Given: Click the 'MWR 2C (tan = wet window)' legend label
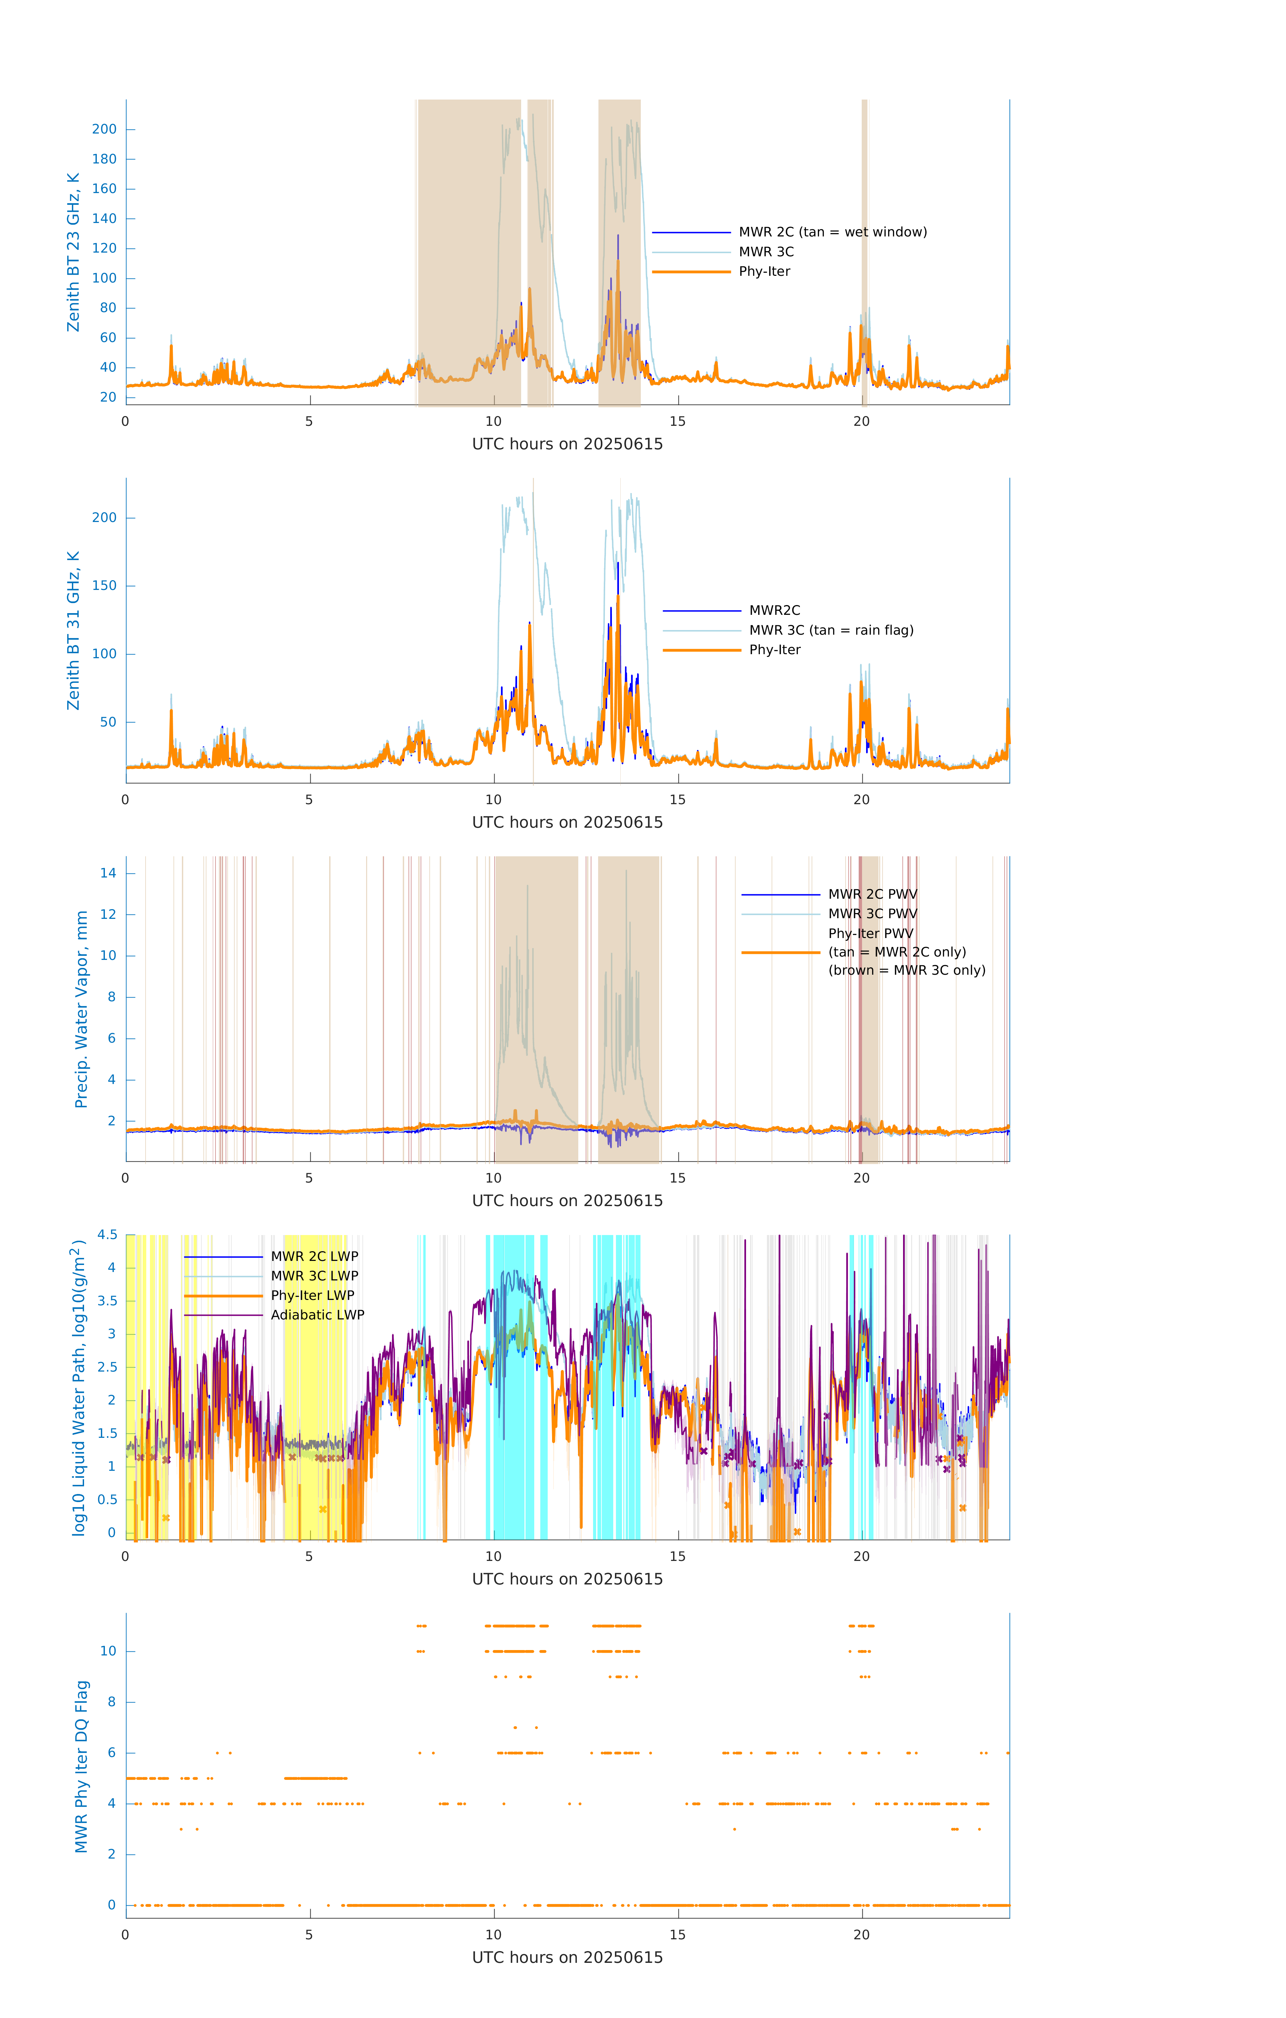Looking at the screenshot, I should click(x=832, y=232).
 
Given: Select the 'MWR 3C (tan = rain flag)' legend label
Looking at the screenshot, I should click(x=831, y=630).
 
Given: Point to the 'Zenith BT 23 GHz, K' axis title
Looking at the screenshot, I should click(x=74, y=252).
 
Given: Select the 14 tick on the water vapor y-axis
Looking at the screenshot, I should click(x=108, y=873).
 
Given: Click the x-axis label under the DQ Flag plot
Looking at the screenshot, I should click(x=567, y=1958).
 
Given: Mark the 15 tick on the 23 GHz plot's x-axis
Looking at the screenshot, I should click(x=677, y=421).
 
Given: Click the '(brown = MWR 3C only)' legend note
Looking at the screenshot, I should click(x=906, y=970).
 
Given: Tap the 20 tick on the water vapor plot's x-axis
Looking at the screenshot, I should click(x=861, y=1178).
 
